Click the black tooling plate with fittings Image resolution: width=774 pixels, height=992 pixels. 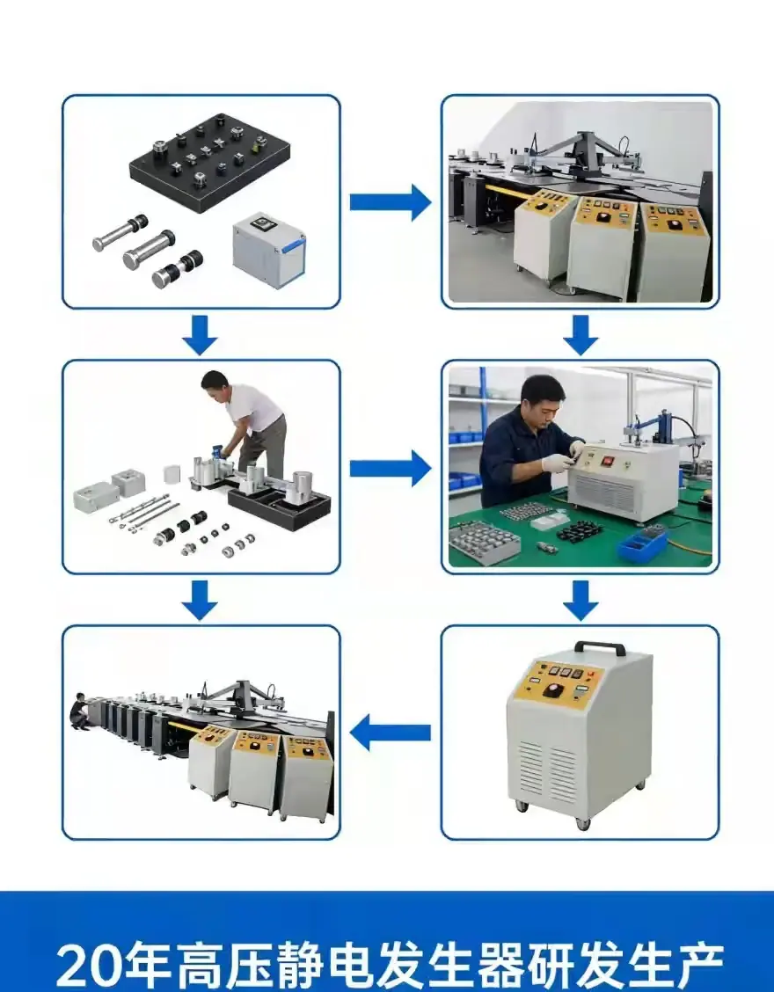pyautogui.click(x=209, y=164)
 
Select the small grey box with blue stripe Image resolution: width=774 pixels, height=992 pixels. pyautogui.click(x=268, y=250)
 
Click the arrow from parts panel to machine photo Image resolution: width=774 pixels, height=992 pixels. pyautogui.click(x=391, y=202)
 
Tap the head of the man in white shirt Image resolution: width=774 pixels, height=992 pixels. pyautogui.click(x=215, y=384)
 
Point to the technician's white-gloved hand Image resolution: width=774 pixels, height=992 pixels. pyautogui.click(x=557, y=463)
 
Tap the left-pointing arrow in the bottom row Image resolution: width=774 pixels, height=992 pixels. pyautogui.click(x=391, y=733)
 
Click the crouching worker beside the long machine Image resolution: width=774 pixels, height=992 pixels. pyautogui.click(x=78, y=711)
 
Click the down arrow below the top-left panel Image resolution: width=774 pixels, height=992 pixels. pyautogui.click(x=200, y=336)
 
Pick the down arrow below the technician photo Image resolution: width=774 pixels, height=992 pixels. pyautogui.click(x=581, y=601)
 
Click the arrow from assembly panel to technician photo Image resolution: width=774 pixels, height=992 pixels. pyautogui.click(x=391, y=468)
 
